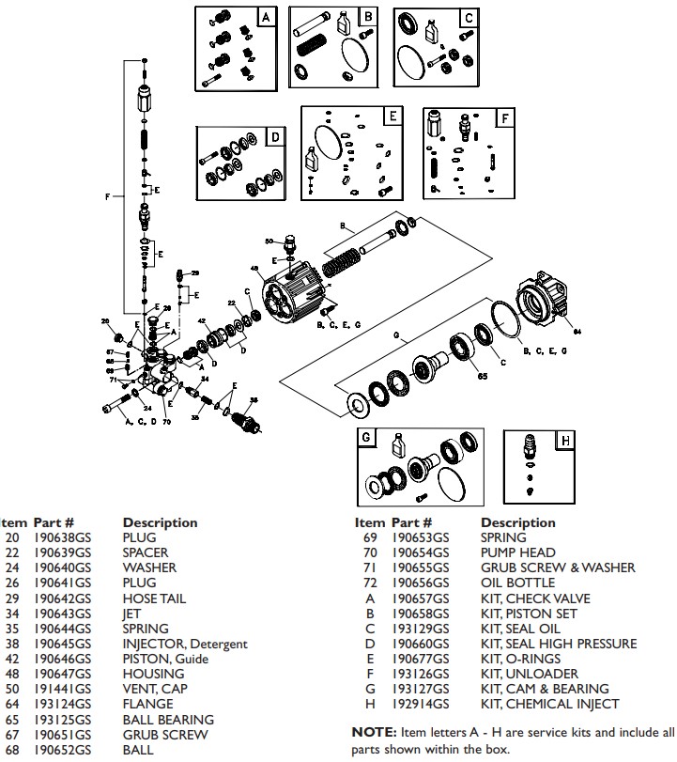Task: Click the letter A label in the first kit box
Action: (266, 17)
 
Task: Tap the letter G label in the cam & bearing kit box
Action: (367, 437)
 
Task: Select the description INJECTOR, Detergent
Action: (185, 644)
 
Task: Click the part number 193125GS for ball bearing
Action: (62, 720)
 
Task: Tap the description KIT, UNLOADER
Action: (525, 674)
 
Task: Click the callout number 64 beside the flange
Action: (577, 331)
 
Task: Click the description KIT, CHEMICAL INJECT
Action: (549, 704)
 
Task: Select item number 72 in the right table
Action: (370, 583)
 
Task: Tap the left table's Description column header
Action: (160, 522)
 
